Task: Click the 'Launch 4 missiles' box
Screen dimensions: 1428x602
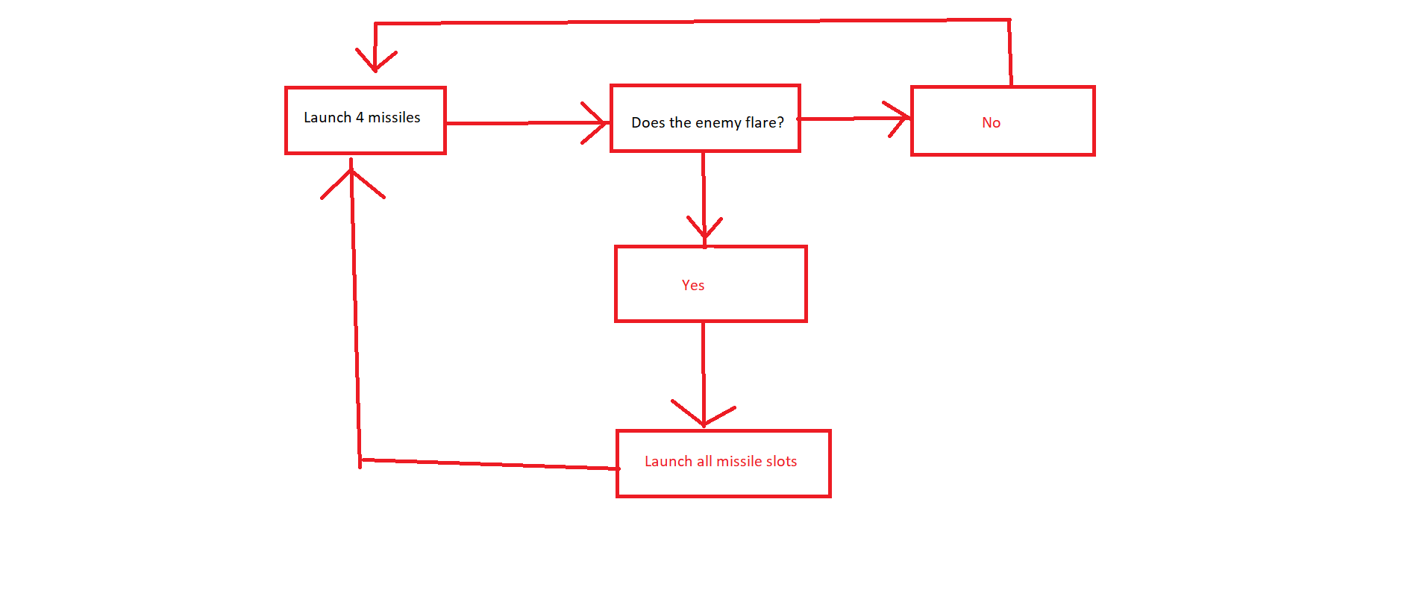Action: point(366,120)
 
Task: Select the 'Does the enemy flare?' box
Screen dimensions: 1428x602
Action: point(705,119)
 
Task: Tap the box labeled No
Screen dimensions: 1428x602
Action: point(1003,121)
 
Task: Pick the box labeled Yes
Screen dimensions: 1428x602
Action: point(710,283)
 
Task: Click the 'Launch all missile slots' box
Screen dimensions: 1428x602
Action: point(723,463)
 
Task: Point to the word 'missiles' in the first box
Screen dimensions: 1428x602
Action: point(394,117)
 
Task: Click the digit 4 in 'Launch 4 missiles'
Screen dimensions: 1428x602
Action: point(360,117)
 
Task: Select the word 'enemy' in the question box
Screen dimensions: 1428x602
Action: point(718,123)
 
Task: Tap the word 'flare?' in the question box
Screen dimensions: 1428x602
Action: point(765,122)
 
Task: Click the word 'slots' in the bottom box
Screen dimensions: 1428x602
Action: point(780,461)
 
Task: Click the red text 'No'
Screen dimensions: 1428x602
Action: point(991,122)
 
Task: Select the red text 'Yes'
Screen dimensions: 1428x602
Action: point(693,285)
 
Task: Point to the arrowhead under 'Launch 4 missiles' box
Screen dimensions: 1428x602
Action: point(351,179)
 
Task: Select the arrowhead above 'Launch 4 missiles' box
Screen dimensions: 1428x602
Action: point(375,61)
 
